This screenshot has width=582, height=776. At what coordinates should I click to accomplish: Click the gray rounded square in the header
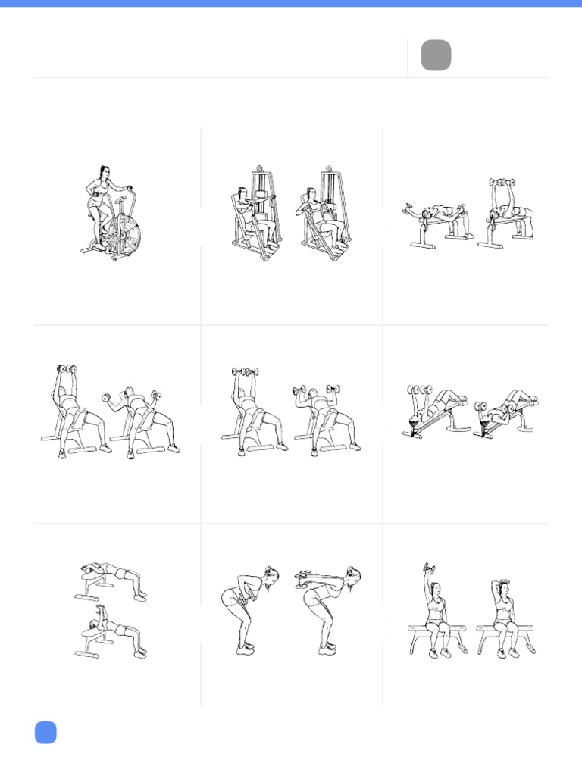[436, 55]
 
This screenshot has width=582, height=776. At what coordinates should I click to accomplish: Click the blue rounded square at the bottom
[45, 732]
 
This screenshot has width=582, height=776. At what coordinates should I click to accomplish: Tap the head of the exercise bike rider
[104, 172]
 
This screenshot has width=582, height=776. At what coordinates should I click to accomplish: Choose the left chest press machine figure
[255, 216]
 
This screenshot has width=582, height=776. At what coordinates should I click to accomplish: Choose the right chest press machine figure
[322, 216]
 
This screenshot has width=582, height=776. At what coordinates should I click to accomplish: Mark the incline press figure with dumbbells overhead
[254, 413]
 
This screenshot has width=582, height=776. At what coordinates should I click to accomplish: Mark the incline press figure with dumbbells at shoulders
[326, 417]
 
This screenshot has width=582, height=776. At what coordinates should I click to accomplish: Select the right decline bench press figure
[504, 413]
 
